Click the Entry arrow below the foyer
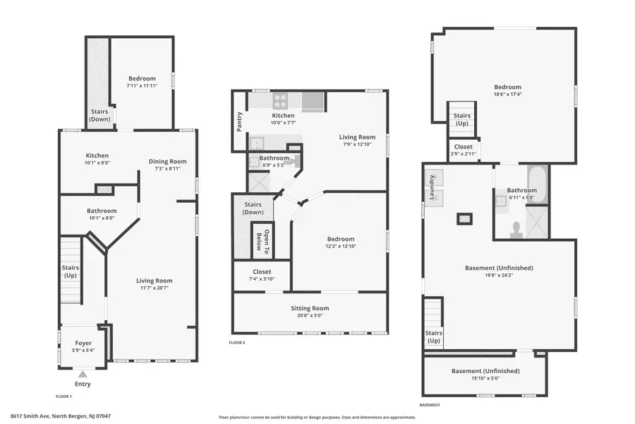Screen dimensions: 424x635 pos(83,374)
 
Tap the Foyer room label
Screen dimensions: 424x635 pos(83,343)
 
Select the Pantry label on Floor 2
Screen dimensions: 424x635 pos(240,121)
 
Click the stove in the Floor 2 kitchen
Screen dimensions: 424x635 pos(281,100)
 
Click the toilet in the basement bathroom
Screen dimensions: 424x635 pos(516,228)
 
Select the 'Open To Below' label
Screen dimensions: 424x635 pos(263,241)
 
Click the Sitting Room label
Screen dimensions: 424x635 pos(310,308)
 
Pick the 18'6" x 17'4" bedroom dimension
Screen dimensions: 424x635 pos(507,94)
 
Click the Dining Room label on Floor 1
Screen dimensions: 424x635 pos(167,161)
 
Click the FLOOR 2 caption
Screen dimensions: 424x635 pos(237,343)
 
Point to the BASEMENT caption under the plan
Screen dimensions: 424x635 pos(430,405)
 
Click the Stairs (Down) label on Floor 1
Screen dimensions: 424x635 pos(99,115)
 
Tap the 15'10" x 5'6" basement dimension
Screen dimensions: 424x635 pos(485,379)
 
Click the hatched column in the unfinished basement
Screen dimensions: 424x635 pos(464,219)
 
